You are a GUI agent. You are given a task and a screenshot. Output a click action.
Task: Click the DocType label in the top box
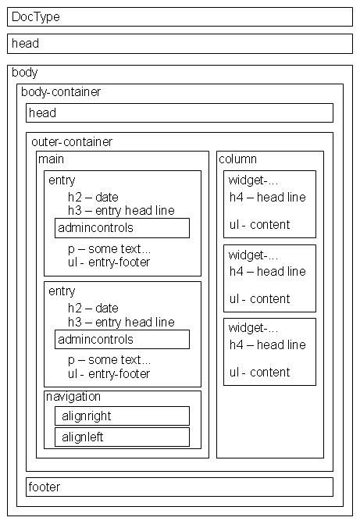pyautogui.click(x=36, y=17)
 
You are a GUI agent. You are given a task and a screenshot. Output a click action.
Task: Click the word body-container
pyautogui.click(x=61, y=92)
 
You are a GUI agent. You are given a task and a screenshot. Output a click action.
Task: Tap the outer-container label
pyautogui.click(x=72, y=142)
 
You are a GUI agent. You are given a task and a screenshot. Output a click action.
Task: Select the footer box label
pyautogui.click(x=44, y=487)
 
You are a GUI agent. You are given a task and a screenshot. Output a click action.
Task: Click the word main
pyautogui.click(x=52, y=159)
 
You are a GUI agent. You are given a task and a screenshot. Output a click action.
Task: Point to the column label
pyautogui.click(x=237, y=159)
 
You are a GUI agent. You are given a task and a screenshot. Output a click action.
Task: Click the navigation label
pyautogui.click(x=73, y=397)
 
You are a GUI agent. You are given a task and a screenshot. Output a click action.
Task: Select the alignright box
pyautogui.click(x=122, y=416)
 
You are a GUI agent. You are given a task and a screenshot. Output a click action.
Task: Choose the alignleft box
pyautogui.click(x=122, y=437)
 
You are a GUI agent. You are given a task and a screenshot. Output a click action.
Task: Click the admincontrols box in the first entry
pyautogui.click(x=122, y=228)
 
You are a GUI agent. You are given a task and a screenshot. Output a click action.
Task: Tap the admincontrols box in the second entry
pyautogui.click(x=122, y=340)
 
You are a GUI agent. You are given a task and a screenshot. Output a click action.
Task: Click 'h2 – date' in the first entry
pyautogui.click(x=93, y=198)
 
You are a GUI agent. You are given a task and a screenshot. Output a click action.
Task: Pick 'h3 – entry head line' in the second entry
pyautogui.click(x=121, y=323)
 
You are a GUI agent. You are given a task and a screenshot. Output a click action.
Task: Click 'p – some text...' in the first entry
pyautogui.click(x=109, y=249)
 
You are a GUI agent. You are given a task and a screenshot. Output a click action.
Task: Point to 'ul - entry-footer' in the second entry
pyautogui.click(x=109, y=374)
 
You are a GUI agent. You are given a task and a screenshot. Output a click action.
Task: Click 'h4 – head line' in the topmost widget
pyautogui.click(x=268, y=198)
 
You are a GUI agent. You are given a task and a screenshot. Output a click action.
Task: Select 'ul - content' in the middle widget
pyautogui.click(x=259, y=299)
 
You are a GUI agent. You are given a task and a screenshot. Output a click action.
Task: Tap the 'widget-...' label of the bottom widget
pyautogui.click(x=253, y=327)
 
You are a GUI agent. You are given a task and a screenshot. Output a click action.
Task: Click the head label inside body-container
pyautogui.click(x=42, y=112)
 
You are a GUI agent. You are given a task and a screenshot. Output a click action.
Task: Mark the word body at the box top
pyautogui.click(x=24, y=73)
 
